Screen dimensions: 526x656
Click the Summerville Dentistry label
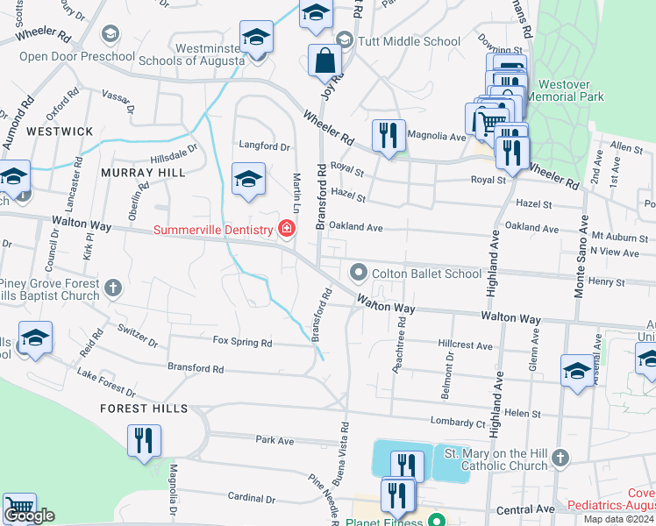(x=215, y=231)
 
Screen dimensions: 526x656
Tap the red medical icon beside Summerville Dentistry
(x=286, y=230)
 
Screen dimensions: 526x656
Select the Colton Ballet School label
(x=426, y=274)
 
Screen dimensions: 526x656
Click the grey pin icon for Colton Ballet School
(x=359, y=273)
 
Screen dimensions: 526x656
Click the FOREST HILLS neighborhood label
(x=144, y=409)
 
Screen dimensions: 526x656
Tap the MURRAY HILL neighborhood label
(x=143, y=173)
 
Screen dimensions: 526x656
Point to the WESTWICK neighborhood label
(x=60, y=131)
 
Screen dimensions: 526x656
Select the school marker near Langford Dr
(x=248, y=180)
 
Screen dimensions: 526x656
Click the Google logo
(x=29, y=516)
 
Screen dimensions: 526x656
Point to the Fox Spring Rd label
(x=243, y=342)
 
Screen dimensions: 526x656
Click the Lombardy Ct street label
(x=458, y=423)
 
